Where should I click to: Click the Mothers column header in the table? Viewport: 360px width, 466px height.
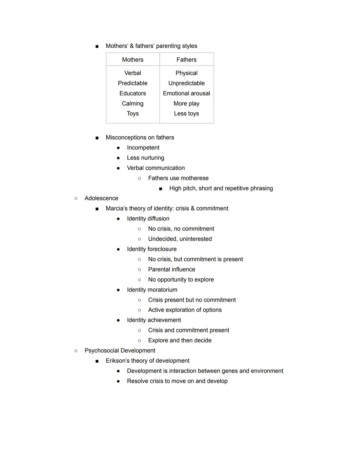tap(133, 60)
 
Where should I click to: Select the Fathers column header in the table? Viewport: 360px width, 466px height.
tap(186, 60)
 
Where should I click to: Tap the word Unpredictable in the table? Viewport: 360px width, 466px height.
tap(186, 83)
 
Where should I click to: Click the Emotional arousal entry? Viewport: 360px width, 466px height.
tap(186, 93)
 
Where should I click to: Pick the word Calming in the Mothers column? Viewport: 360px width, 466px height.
tap(133, 103)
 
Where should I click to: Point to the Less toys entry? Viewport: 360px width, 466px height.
tap(186, 113)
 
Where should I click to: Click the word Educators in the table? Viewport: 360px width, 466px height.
tap(133, 93)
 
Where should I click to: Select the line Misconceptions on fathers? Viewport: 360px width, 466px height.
tap(140, 137)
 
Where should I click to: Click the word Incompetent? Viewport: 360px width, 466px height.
tap(143, 147)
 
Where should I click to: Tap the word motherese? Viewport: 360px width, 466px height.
tap(195, 178)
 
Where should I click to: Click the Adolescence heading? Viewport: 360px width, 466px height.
tap(101, 198)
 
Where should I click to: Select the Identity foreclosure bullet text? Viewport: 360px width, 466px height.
tap(152, 249)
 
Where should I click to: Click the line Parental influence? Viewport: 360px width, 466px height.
tap(171, 270)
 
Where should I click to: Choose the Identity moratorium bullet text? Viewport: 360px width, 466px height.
tap(152, 290)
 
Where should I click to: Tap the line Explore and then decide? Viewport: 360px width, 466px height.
tap(180, 341)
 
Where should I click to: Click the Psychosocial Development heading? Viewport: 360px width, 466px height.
tap(120, 351)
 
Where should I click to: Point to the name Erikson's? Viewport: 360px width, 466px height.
tap(117, 361)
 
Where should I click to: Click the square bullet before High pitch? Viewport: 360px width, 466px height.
tap(161, 189)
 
